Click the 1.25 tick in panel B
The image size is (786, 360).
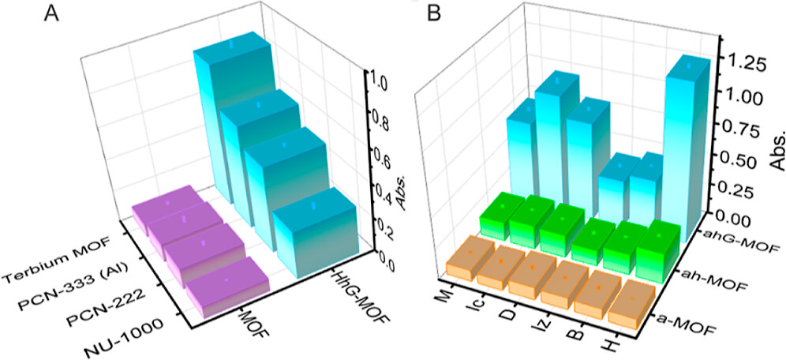(x=747, y=65)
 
